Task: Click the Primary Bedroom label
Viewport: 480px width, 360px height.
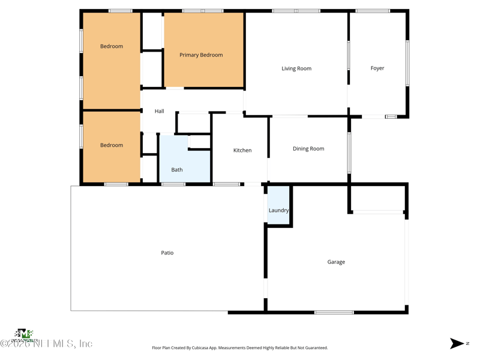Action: tap(201, 55)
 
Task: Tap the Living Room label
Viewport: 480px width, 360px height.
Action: tap(296, 68)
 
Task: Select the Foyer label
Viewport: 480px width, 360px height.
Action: tap(377, 68)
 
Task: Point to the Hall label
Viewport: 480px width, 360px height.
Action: tap(159, 112)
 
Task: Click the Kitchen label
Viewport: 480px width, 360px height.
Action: tap(242, 151)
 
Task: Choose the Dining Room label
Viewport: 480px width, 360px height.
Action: tap(308, 149)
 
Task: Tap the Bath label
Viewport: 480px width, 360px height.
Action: tap(177, 170)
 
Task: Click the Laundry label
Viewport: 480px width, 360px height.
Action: tap(278, 211)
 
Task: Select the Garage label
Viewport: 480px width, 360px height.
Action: tap(336, 262)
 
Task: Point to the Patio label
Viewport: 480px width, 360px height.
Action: tap(167, 253)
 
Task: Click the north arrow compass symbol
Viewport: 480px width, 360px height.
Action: tap(458, 343)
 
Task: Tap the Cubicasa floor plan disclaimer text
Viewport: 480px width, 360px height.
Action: tap(240, 348)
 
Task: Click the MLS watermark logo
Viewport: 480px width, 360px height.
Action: tap(24, 334)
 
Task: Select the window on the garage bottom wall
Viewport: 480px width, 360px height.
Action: tap(334, 312)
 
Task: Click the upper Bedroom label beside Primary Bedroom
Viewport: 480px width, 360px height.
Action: tap(112, 47)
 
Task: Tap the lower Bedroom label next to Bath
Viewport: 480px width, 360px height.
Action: tap(112, 145)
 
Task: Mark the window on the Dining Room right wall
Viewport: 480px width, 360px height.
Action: tap(349, 153)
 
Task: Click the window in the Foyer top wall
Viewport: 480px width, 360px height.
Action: tap(373, 11)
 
